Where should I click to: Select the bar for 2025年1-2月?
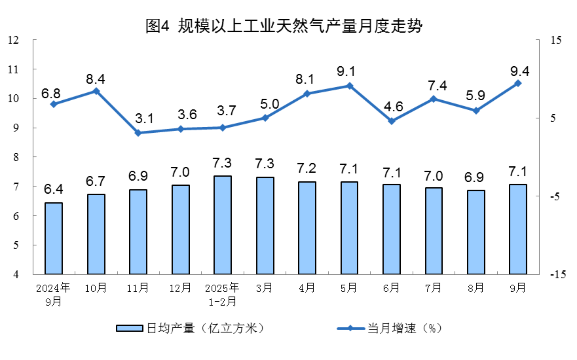(x=222, y=225)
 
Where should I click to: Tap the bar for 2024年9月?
(x=54, y=239)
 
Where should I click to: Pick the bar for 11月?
(x=138, y=232)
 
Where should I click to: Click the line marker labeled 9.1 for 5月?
(x=349, y=86)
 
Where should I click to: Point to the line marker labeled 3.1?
(x=138, y=133)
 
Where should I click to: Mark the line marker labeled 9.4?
(x=518, y=83)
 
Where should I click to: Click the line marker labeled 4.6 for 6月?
(x=391, y=121)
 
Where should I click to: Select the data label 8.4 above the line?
(x=95, y=79)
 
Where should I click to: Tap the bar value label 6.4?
(x=53, y=189)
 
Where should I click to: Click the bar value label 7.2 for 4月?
(x=306, y=168)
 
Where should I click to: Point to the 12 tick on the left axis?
(x=13, y=40)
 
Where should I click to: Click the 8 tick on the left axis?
(x=16, y=157)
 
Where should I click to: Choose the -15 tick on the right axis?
(x=558, y=275)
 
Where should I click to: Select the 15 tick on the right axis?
(x=556, y=40)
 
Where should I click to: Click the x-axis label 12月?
(x=180, y=288)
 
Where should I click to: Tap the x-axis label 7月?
(x=433, y=288)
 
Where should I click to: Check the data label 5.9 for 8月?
(x=475, y=96)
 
